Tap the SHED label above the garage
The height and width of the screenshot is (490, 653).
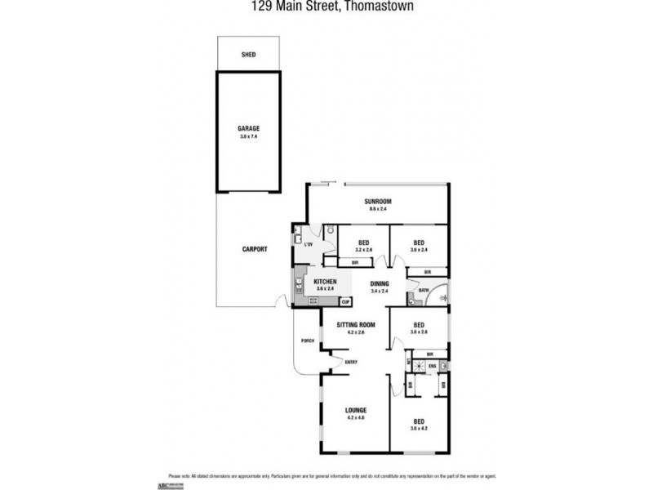point(249,55)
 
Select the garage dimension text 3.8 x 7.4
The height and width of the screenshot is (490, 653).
point(249,136)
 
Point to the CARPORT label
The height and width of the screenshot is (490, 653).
point(255,249)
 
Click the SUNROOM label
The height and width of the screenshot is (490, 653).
point(379,201)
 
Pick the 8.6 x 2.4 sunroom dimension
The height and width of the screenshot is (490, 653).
point(379,209)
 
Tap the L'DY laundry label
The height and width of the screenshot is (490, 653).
point(309,244)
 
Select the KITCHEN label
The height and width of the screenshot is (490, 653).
point(326,281)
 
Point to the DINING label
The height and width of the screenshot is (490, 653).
point(379,283)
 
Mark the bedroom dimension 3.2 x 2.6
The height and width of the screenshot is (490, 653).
point(364,250)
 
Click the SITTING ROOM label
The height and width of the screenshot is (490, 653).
point(355,325)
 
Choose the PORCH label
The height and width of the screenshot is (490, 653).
point(308,341)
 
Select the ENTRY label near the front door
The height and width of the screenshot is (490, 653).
point(351,362)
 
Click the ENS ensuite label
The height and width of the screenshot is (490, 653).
point(432,366)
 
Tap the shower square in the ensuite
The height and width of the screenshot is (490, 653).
point(417,366)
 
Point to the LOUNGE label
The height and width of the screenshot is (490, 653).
point(355,410)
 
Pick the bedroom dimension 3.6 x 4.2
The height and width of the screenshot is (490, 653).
point(419,428)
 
